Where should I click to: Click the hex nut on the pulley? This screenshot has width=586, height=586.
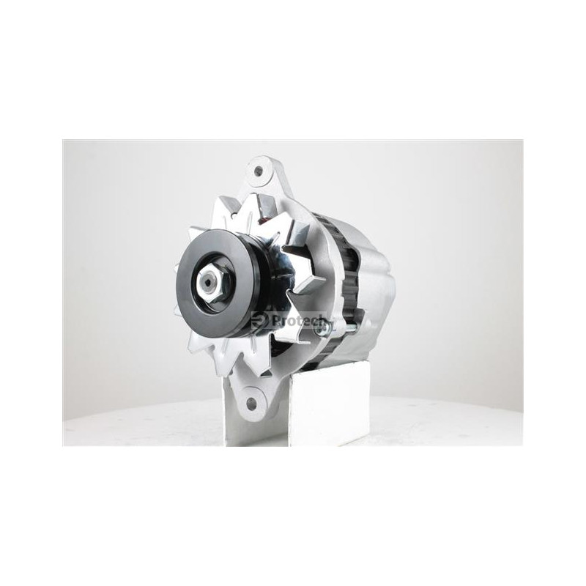tap(209, 282)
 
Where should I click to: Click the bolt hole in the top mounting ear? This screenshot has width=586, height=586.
tap(258, 172)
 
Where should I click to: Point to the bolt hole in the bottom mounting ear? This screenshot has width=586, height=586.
tap(252, 404)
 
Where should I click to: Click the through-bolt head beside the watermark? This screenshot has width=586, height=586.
tap(321, 330)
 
